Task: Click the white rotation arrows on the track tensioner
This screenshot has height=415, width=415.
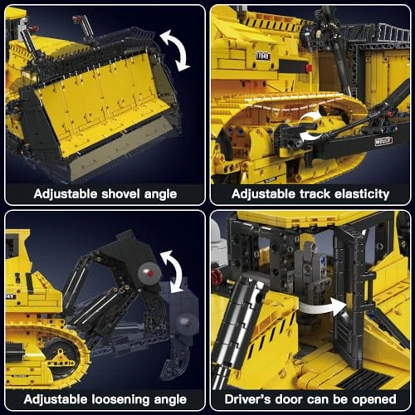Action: (312, 124)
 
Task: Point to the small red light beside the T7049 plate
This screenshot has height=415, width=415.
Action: (309, 67)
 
